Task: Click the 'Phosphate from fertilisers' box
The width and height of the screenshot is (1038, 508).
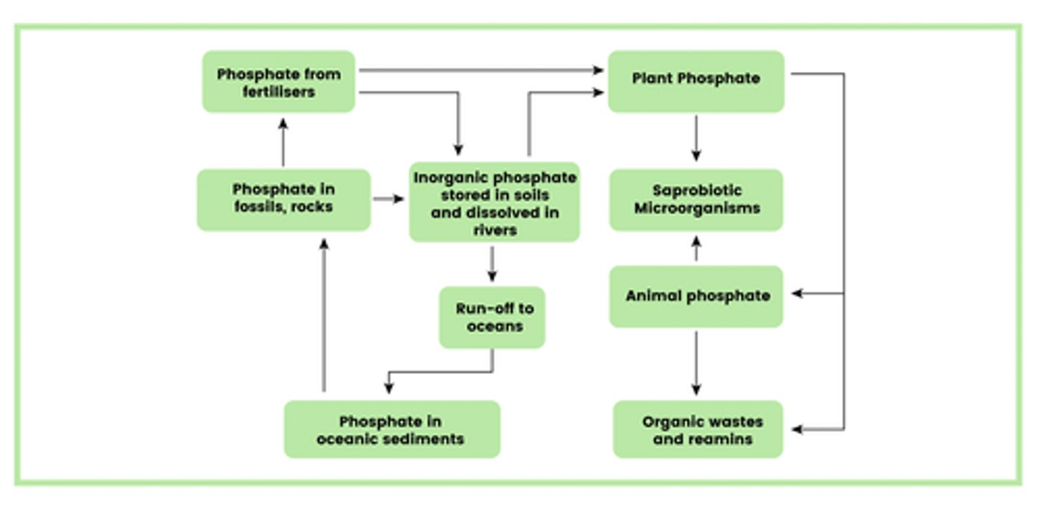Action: (x=278, y=82)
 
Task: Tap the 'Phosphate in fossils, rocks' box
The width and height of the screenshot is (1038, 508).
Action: (x=283, y=199)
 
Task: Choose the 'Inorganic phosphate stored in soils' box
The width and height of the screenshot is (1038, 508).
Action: (x=494, y=202)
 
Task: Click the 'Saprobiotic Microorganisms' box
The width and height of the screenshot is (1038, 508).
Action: (x=696, y=200)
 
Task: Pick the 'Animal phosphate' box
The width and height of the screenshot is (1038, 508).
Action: (x=696, y=296)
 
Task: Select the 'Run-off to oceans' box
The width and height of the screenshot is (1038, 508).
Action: (x=493, y=317)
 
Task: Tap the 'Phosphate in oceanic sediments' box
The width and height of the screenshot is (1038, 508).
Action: (x=391, y=429)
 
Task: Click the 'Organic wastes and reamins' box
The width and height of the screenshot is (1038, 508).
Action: (x=698, y=429)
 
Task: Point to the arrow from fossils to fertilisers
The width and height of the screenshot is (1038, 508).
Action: (x=283, y=142)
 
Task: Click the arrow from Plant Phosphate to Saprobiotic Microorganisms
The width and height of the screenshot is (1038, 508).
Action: (x=696, y=137)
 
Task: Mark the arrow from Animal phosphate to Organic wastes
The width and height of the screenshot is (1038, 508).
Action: (x=696, y=363)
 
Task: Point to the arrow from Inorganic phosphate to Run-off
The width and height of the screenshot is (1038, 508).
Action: (x=492, y=264)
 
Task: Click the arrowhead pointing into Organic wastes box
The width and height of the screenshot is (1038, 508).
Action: (x=797, y=429)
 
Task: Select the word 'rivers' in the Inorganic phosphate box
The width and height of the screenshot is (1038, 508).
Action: (x=494, y=230)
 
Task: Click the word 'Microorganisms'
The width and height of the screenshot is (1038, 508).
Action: (x=696, y=208)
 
